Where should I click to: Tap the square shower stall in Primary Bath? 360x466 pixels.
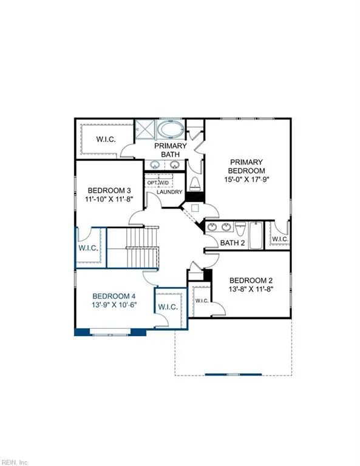click(145, 129)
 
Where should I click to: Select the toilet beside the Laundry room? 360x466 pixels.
click(195, 184)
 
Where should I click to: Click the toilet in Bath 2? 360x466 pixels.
click(241, 229)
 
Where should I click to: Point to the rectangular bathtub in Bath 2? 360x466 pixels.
click(256, 235)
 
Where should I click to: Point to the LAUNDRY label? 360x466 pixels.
click(169, 192)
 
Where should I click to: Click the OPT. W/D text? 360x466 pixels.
click(158, 182)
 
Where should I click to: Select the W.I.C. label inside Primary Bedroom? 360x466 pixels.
click(280, 239)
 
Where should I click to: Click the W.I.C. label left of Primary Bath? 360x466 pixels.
click(107, 139)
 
